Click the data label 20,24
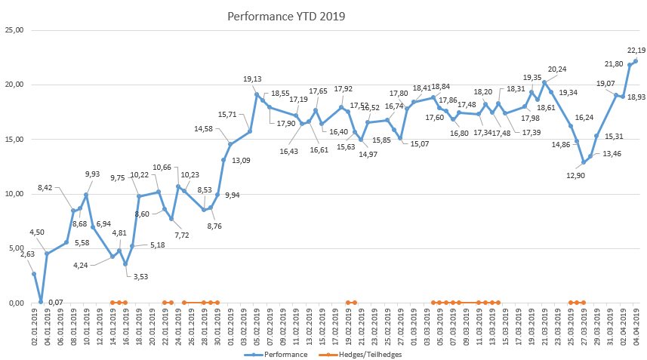556,69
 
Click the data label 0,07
55,303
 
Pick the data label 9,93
92,174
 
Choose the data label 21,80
614,63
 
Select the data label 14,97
368,154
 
